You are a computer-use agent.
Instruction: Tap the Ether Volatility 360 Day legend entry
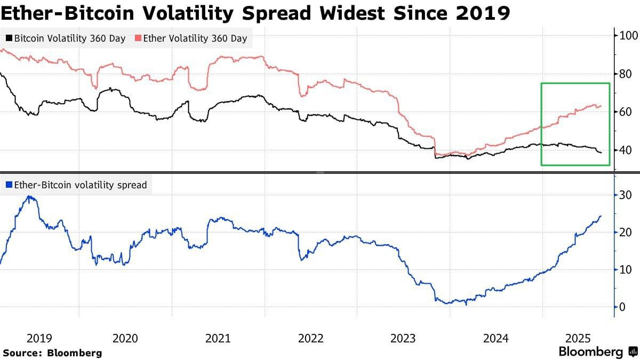(x=191, y=39)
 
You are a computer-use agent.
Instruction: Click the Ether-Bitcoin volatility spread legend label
(x=76, y=186)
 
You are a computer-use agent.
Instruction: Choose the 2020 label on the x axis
(x=125, y=339)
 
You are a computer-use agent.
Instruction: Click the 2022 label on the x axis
(x=311, y=339)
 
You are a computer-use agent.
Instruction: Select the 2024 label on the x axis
(x=496, y=339)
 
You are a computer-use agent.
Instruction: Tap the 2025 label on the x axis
(x=578, y=339)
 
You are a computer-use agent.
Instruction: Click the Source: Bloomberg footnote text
(x=52, y=353)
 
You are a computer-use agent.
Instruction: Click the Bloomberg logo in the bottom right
(x=598, y=352)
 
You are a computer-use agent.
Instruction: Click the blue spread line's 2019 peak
(x=29, y=196)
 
